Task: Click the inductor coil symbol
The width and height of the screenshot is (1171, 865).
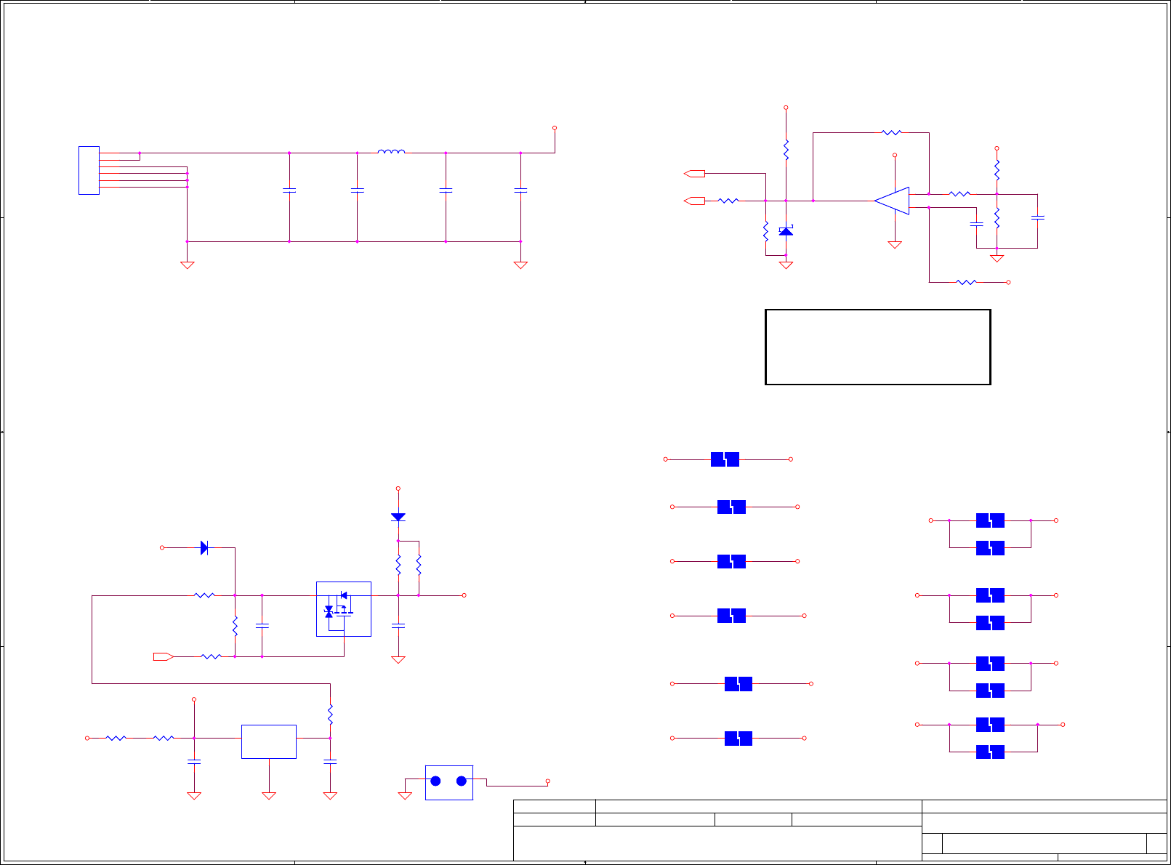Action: click(391, 152)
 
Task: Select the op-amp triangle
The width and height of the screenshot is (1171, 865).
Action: click(893, 201)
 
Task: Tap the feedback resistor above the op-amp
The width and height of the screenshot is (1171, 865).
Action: click(891, 132)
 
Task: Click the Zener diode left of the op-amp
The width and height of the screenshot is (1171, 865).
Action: click(786, 230)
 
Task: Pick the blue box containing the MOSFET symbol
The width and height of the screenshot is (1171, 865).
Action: click(344, 609)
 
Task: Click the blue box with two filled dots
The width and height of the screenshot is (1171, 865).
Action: click(448, 782)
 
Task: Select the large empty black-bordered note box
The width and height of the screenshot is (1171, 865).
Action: click(877, 347)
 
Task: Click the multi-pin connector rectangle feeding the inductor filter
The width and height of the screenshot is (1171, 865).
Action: click(89, 170)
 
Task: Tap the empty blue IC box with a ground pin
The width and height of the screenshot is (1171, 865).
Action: click(268, 741)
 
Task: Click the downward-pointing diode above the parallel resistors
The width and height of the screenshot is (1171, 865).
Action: click(398, 517)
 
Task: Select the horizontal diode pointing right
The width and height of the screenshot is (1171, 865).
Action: click(204, 547)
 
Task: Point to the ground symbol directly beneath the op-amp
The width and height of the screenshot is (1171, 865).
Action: click(895, 245)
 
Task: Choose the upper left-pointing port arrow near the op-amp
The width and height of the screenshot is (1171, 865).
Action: click(695, 173)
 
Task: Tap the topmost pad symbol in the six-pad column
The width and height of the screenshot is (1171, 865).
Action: click(725, 459)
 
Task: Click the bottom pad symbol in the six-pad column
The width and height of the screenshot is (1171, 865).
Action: click(738, 739)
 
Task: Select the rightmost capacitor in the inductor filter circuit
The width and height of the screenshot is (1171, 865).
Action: click(520, 190)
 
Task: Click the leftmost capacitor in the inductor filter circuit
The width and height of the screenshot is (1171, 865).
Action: click(289, 190)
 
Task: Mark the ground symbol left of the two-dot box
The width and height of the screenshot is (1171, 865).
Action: click(405, 795)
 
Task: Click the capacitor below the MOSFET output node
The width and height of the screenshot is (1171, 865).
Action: click(398, 625)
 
